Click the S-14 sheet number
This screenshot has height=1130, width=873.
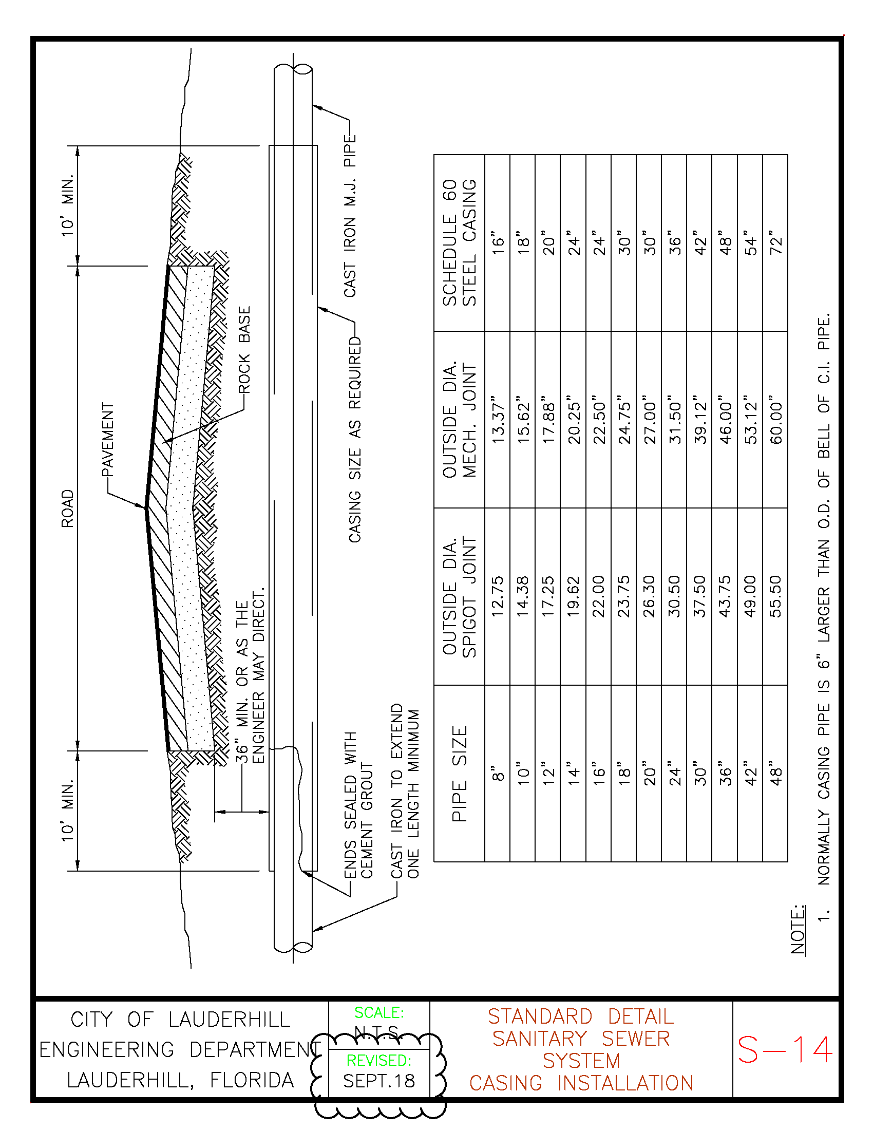pyautogui.click(x=785, y=1050)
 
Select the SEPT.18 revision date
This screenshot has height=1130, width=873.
pyautogui.click(x=378, y=1081)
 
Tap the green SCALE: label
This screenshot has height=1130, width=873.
pyautogui.click(x=378, y=1012)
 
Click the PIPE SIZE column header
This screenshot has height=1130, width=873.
pyautogui.click(x=459, y=774)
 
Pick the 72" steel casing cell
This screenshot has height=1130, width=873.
pyautogui.click(x=776, y=242)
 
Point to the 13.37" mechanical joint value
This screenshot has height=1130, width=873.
pyautogui.click(x=498, y=420)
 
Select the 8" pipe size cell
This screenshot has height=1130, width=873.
pyautogui.click(x=498, y=774)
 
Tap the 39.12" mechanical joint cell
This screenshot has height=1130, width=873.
pyautogui.click(x=700, y=420)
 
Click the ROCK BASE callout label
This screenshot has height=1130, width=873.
pyautogui.click(x=244, y=349)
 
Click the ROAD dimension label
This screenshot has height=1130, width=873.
pyautogui.click(x=68, y=509)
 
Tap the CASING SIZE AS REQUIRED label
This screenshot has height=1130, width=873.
pyautogui.click(x=355, y=440)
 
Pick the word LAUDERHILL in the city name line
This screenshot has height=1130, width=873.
pyautogui.click(x=229, y=1020)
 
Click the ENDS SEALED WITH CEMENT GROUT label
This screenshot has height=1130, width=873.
pyautogui.click(x=358, y=805)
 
